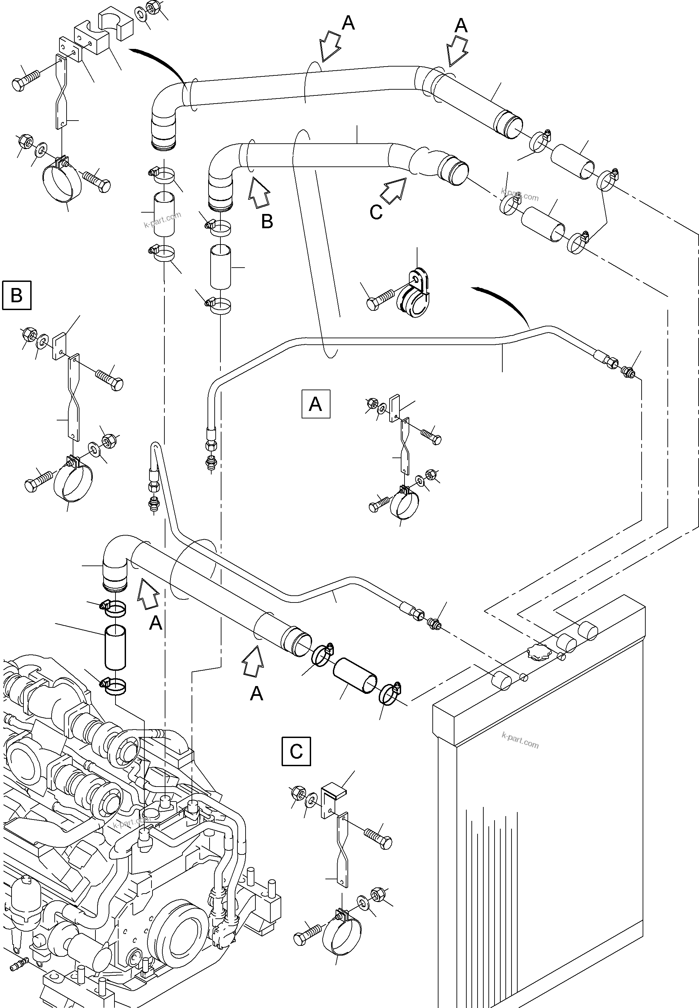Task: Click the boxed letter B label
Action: [x=17, y=295]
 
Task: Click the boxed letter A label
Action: [x=316, y=404]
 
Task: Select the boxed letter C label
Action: [x=297, y=751]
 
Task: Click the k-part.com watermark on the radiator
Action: [x=520, y=740]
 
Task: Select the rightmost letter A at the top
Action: [x=461, y=26]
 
